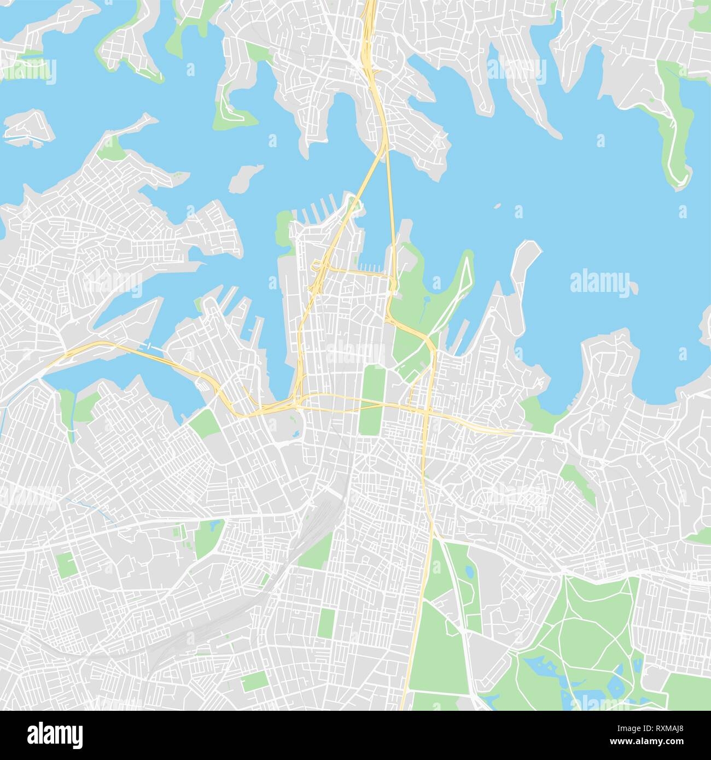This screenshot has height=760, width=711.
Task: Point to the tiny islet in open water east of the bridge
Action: tap(497, 207)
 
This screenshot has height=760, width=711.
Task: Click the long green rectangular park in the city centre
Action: tap(372, 399)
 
